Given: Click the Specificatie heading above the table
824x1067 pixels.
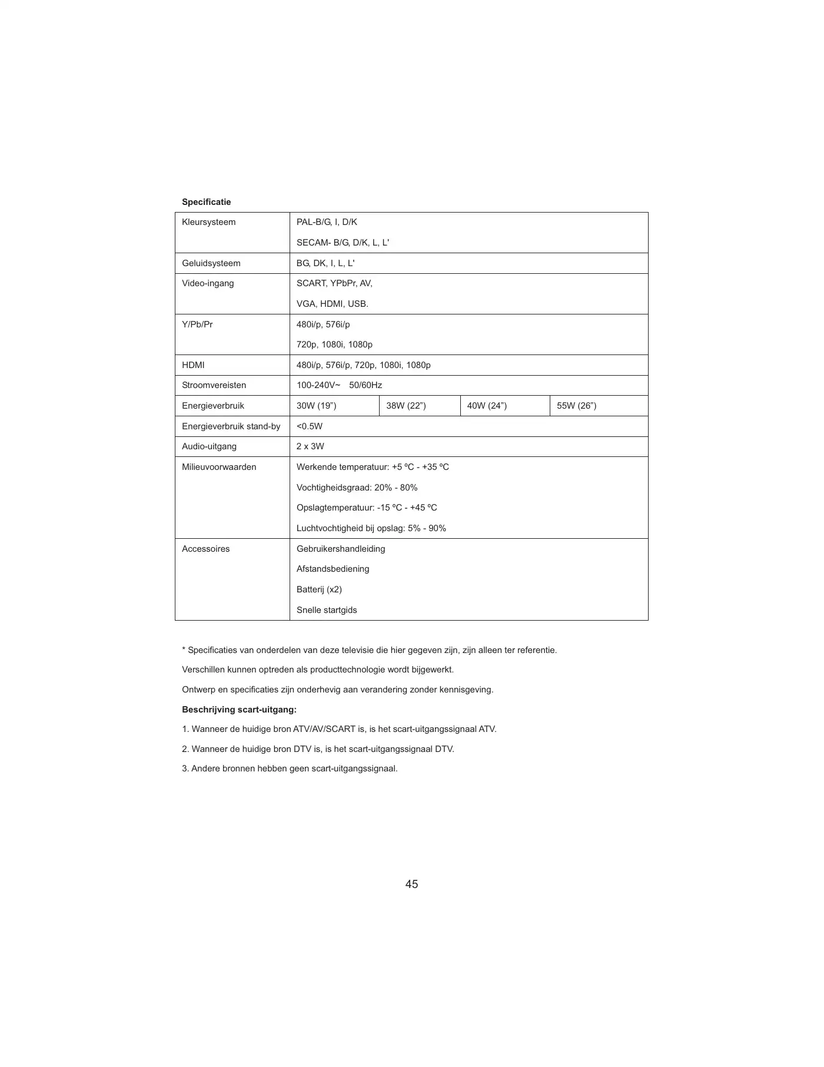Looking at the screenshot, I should point(206,202).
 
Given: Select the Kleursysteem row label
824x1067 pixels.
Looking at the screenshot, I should point(208,222).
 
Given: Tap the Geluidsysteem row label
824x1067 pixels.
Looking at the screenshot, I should point(211,263).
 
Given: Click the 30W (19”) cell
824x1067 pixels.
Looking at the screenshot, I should point(316,406).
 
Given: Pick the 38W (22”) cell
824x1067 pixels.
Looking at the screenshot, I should point(406,406).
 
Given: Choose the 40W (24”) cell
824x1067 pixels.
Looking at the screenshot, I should point(487,406).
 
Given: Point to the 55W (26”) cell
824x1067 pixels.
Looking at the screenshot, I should point(576,406).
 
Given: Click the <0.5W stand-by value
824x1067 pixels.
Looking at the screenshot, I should point(310,426).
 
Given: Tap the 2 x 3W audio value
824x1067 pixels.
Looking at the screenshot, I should point(310,446).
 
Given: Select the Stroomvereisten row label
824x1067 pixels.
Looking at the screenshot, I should point(214,385).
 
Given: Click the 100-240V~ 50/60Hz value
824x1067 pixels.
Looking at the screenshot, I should point(339,385).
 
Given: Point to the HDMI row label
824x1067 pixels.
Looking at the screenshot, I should point(193,365).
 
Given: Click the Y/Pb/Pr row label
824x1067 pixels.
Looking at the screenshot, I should point(197,324).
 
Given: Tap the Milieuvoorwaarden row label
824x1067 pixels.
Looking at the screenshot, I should point(219,467).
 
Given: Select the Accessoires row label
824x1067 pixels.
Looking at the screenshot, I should point(205,549).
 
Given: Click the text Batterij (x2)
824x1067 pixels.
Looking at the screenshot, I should point(319,589).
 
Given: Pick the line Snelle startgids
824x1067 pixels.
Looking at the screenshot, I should point(327,610).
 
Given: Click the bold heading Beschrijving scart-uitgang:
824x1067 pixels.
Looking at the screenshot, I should point(239,710).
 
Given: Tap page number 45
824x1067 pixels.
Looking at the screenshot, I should point(411,884).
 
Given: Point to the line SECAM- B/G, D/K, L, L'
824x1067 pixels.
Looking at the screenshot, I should point(343,243).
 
